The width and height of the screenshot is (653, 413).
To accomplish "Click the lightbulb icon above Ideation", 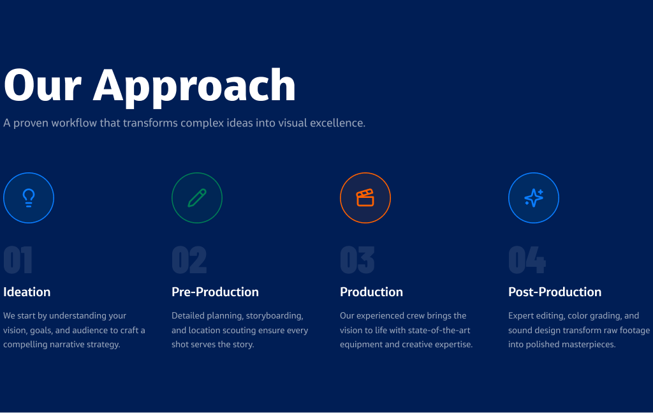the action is coord(29,198).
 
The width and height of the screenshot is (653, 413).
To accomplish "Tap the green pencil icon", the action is coord(197,198).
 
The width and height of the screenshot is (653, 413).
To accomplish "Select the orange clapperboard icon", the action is coord(365,198).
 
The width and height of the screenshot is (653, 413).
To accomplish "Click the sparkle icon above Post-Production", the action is coord(534,198).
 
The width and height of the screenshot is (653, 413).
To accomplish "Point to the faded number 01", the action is coord(18,260).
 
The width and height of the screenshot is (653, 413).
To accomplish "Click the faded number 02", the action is coord(189,260).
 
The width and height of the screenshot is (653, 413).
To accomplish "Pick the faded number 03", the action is coord(357,260).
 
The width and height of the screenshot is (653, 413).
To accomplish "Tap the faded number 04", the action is coord(527,260).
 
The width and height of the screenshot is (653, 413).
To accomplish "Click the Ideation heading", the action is coord(27,292).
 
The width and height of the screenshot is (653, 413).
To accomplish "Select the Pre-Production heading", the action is coord(216,292).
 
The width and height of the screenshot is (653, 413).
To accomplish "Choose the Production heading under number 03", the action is coord(372,292).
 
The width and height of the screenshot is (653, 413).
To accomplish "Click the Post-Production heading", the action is coord(555,292).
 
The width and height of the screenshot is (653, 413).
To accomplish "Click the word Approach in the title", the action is coord(194,87).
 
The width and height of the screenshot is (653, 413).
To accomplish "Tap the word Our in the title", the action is coord(43,85).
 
